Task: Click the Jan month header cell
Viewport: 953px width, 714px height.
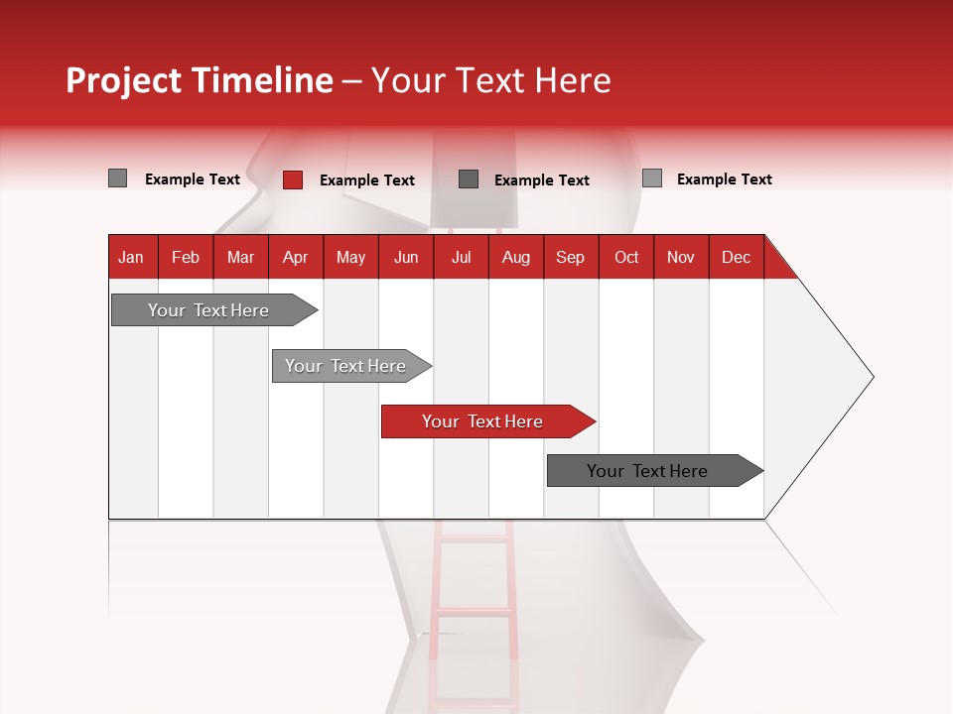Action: (131, 258)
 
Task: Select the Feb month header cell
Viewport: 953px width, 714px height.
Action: (186, 258)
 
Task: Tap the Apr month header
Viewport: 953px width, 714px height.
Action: (296, 258)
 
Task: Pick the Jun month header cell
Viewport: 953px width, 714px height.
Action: (406, 258)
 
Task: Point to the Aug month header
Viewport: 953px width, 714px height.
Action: (516, 258)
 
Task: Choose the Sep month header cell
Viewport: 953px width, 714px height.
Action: (571, 258)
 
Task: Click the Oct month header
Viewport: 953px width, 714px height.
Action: (626, 258)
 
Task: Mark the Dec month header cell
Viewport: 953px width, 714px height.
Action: (737, 258)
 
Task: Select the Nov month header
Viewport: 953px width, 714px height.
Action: (681, 258)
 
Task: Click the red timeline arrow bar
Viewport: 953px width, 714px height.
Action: (486, 421)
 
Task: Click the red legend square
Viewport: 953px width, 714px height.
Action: (293, 179)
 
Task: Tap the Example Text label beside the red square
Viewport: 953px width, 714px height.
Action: (367, 180)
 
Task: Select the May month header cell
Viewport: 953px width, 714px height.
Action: (350, 258)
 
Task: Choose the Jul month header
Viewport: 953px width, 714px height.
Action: (461, 258)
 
